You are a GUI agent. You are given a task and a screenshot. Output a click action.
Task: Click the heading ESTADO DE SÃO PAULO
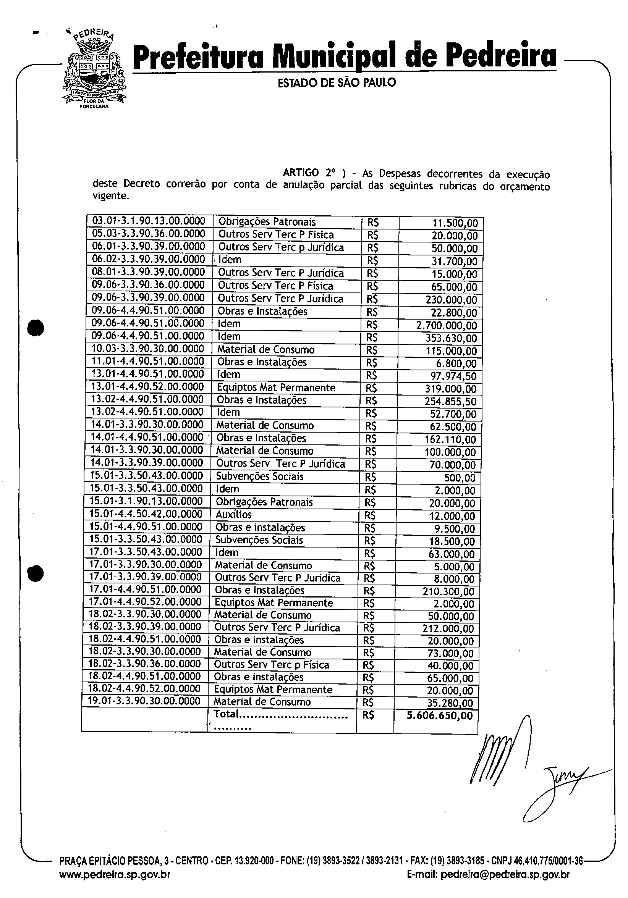coord(337,82)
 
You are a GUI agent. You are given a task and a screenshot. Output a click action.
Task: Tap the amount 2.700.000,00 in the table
coord(451,325)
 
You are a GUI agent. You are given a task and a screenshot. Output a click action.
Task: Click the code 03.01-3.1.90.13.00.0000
coord(149,221)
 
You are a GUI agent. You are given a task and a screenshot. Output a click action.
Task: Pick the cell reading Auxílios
coord(234,514)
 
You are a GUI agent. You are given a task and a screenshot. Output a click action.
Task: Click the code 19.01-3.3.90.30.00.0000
coord(144,701)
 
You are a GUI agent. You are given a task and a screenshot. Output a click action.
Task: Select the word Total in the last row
coord(226,714)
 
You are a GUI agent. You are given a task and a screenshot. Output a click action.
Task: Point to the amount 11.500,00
coord(455,223)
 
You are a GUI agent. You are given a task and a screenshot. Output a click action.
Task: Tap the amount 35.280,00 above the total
coord(450,703)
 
